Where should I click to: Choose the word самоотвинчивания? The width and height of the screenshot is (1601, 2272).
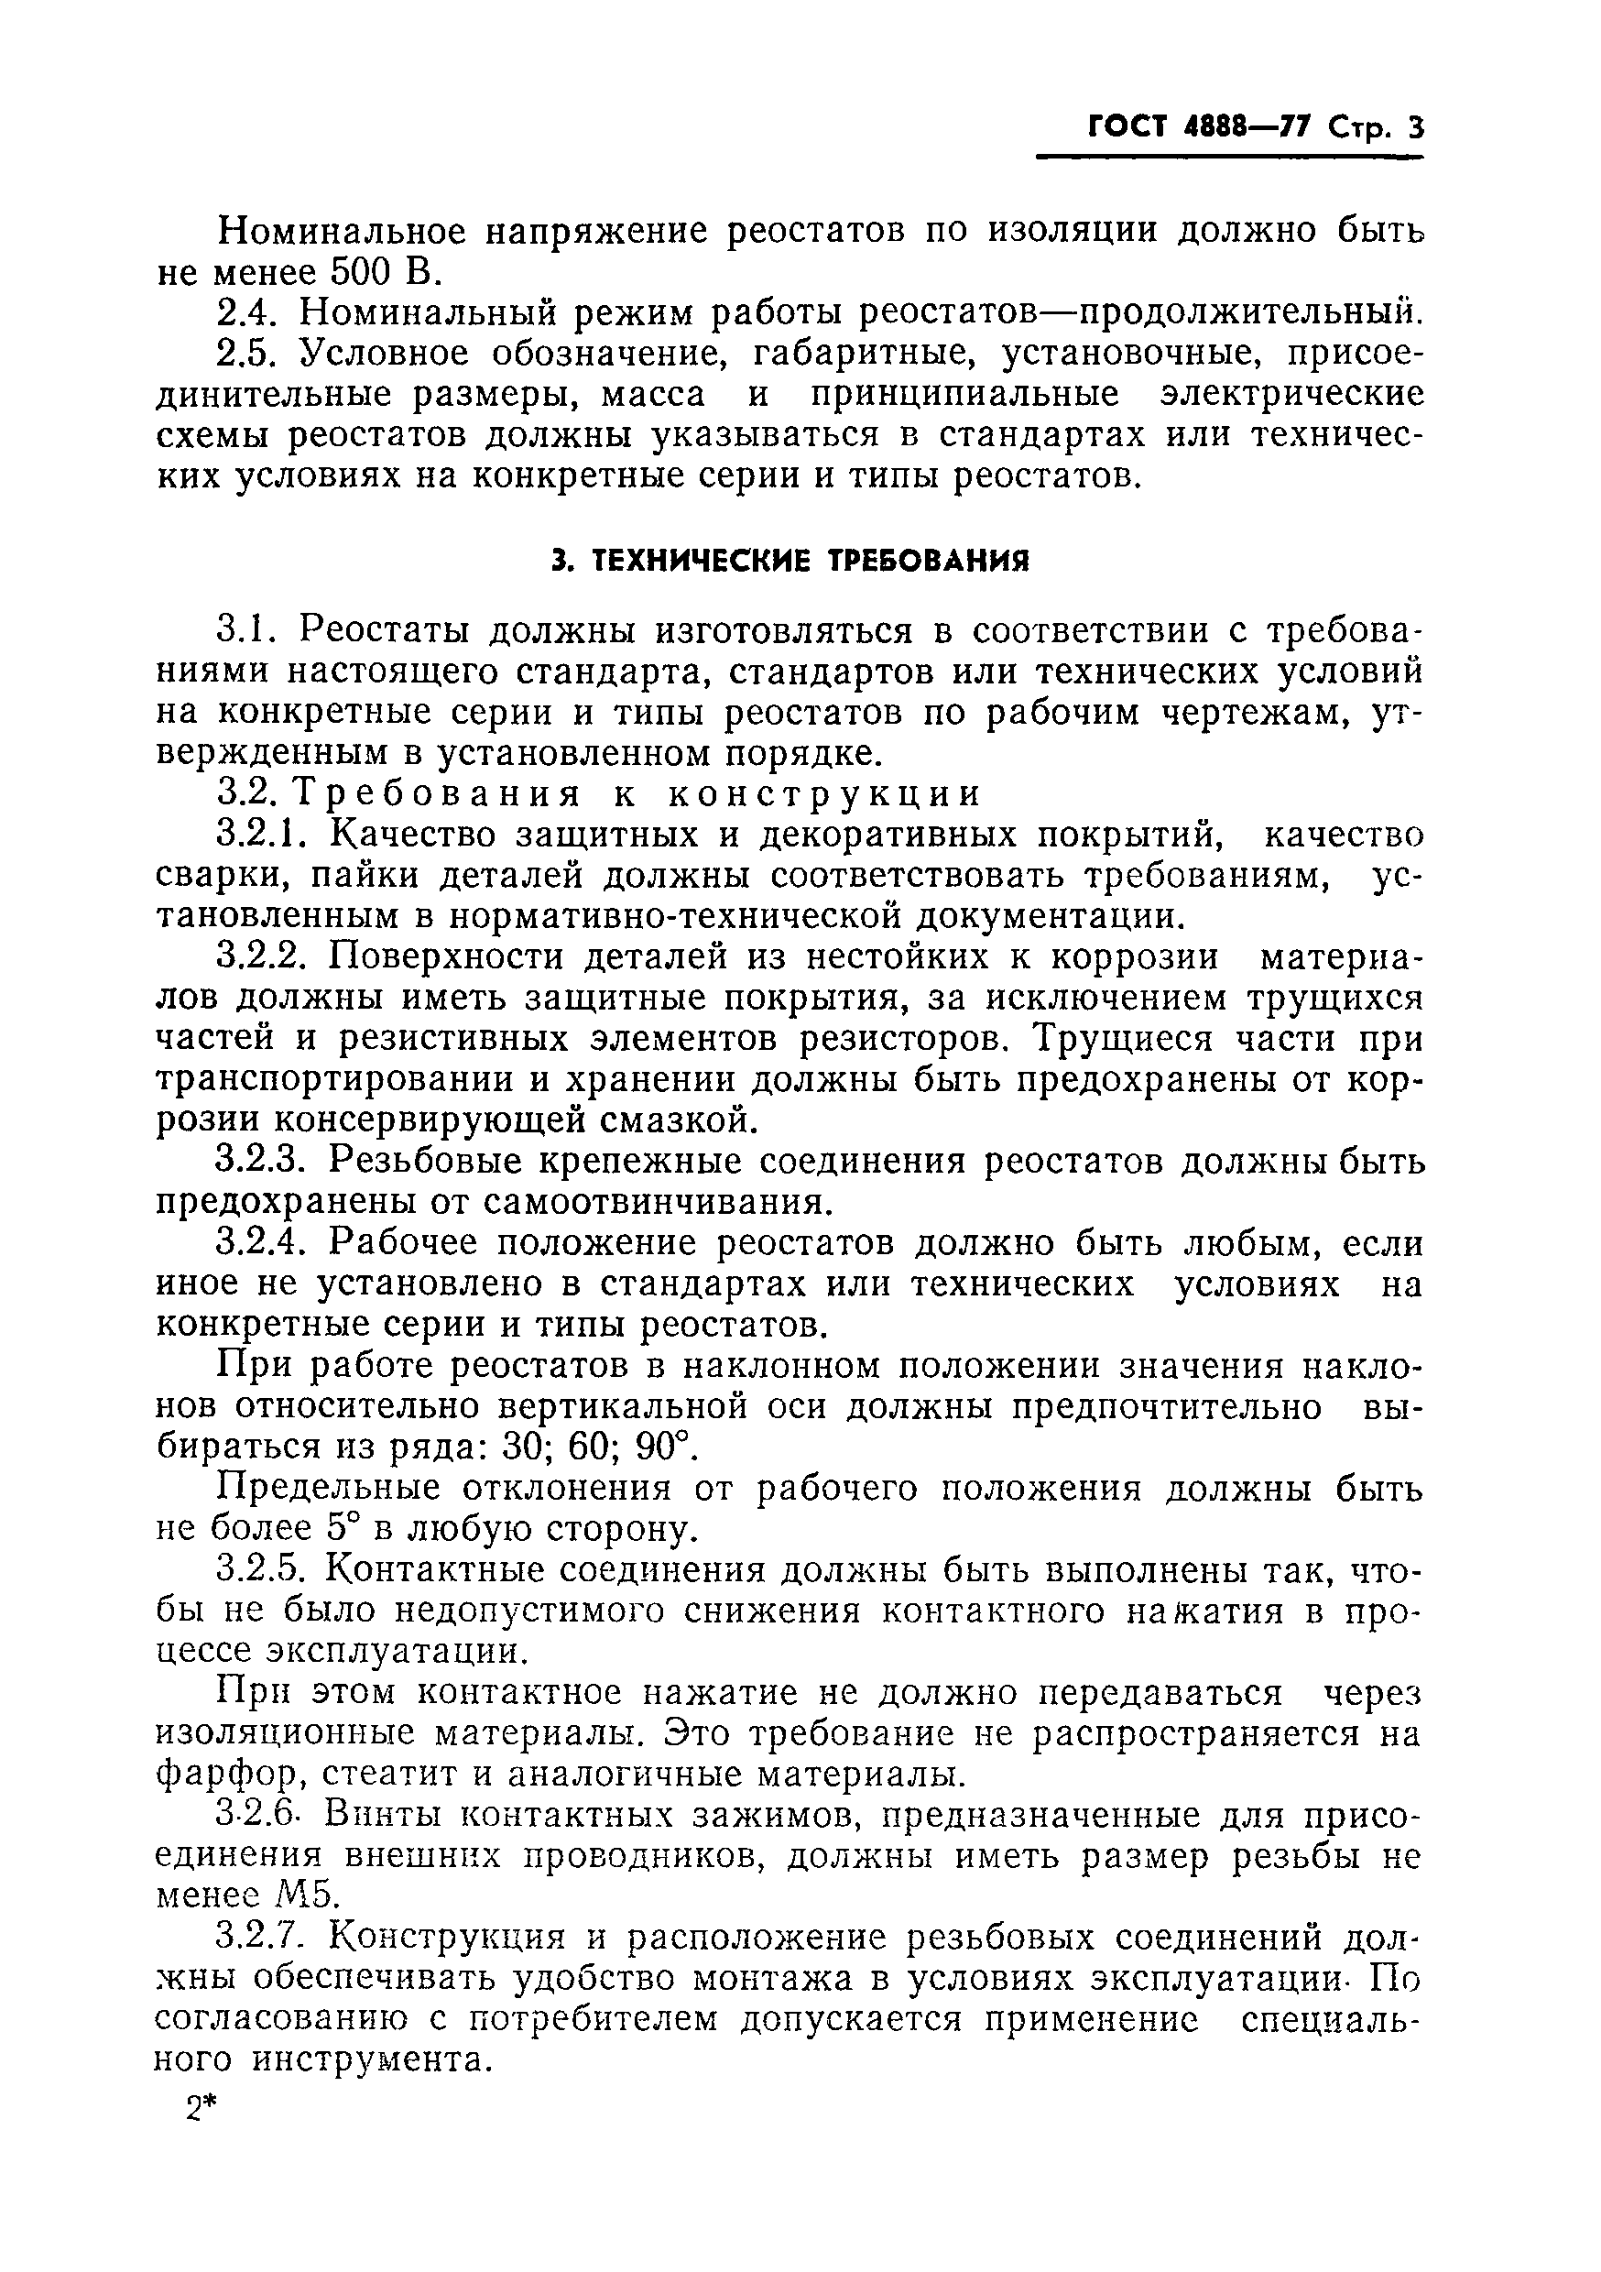coord(654,1201)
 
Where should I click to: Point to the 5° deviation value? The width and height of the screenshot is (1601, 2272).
coord(342,1529)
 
